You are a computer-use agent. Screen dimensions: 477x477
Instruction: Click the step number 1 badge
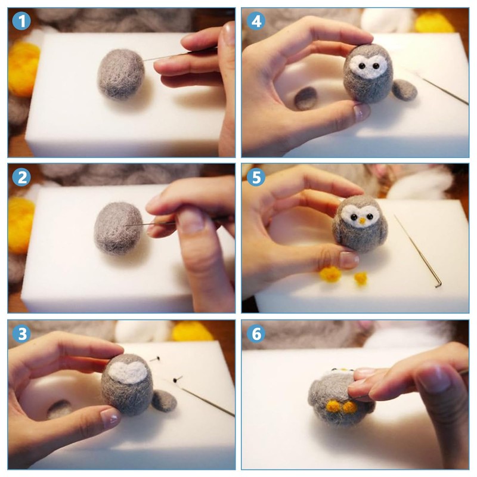pos(21,21)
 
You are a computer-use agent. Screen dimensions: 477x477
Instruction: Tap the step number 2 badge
pos(21,177)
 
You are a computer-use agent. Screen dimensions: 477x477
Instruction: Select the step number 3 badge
pos(21,334)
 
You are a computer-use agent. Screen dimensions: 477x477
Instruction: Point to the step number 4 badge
pos(256,21)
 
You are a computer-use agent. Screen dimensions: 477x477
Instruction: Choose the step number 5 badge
pos(256,177)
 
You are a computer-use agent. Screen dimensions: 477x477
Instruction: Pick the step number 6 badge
pos(256,334)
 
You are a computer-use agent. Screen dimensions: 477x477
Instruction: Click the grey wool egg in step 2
pos(118,228)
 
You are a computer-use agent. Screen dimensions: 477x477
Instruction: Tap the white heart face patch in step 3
pos(127,371)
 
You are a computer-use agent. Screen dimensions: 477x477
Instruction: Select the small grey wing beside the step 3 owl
pos(164,401)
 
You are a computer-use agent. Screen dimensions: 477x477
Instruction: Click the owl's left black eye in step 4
pos(361,66)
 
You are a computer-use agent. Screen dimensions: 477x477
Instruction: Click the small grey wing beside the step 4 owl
pos(404,89)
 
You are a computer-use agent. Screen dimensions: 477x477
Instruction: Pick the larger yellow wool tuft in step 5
pos(330,274)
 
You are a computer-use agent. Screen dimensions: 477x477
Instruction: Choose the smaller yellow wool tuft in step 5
pos(361,278)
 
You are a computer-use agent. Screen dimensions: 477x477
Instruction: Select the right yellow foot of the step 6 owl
pos(349,407)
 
